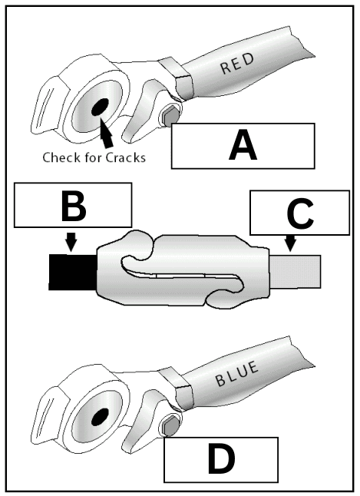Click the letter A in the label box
point(243,147)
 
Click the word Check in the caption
point(65,158)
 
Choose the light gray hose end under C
point(299,271)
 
